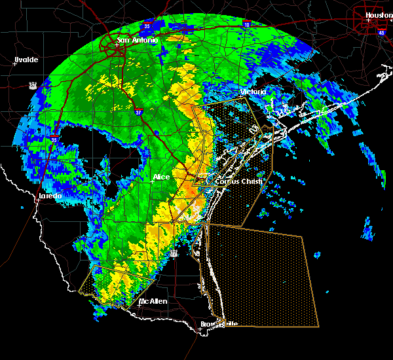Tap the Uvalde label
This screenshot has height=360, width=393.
click(x=26, y=60)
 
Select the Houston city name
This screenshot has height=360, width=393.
click(x=378, y=14)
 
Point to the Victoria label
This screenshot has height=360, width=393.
click(x=253, y=92)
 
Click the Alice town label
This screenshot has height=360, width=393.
click(x=161, y=177)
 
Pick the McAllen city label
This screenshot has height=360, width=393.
click(x=153, y=301)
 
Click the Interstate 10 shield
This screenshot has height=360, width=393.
click(x=246, y=24)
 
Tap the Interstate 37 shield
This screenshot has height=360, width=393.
click(x=141, y=113)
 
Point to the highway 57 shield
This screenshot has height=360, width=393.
click(x=32, y=85)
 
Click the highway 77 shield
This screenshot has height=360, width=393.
click(x=174, y=253)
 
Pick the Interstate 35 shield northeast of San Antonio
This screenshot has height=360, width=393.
click(x=147, y=26)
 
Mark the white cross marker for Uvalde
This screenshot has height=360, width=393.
click(x=15, y=63)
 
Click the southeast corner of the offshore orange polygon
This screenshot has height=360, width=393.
click(x=318, y=325)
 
